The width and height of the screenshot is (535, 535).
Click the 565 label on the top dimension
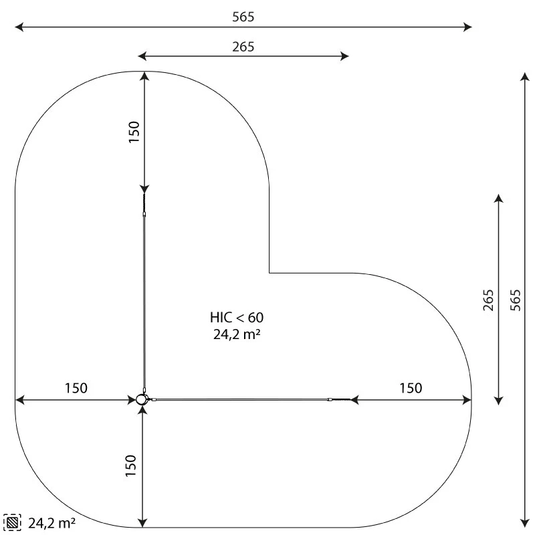[243, 17]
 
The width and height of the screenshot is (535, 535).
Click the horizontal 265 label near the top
[243, 47]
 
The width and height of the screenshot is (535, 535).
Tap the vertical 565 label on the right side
[515, 300]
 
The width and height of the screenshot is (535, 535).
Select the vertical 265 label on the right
[488, 300]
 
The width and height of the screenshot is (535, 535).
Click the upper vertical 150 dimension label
[134, 132]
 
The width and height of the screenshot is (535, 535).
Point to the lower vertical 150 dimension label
[132, 465]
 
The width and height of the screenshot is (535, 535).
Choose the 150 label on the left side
[76, 388]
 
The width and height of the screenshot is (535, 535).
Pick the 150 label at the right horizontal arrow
[411, 388]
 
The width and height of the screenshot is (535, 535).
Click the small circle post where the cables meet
[142, 399]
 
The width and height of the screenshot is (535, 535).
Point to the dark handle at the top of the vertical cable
[144, 203]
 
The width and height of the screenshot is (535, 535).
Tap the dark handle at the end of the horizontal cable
[340, 400]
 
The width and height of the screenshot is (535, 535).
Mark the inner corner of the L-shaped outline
[270, 273]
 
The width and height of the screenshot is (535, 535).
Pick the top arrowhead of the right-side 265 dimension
[498, 199]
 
